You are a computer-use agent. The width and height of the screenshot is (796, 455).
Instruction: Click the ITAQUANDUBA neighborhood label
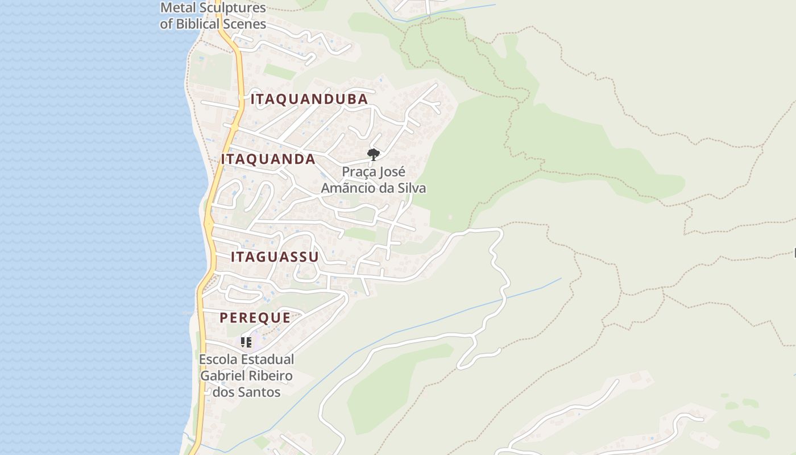309,100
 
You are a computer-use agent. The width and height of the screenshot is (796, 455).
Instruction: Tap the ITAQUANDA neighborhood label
268,159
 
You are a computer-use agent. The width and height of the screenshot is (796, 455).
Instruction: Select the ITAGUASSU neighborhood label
275,257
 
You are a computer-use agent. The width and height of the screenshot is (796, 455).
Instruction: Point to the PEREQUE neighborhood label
255,318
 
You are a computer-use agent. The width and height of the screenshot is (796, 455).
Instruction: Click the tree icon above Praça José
373,154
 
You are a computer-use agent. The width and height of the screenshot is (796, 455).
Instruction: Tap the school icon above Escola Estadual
246,342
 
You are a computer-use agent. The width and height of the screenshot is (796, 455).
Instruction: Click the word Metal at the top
177,8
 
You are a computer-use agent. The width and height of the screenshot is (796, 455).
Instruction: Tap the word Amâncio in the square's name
346,188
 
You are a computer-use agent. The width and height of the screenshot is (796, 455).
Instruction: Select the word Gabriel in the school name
223,376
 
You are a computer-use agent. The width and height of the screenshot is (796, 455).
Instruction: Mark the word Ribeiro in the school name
271,376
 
